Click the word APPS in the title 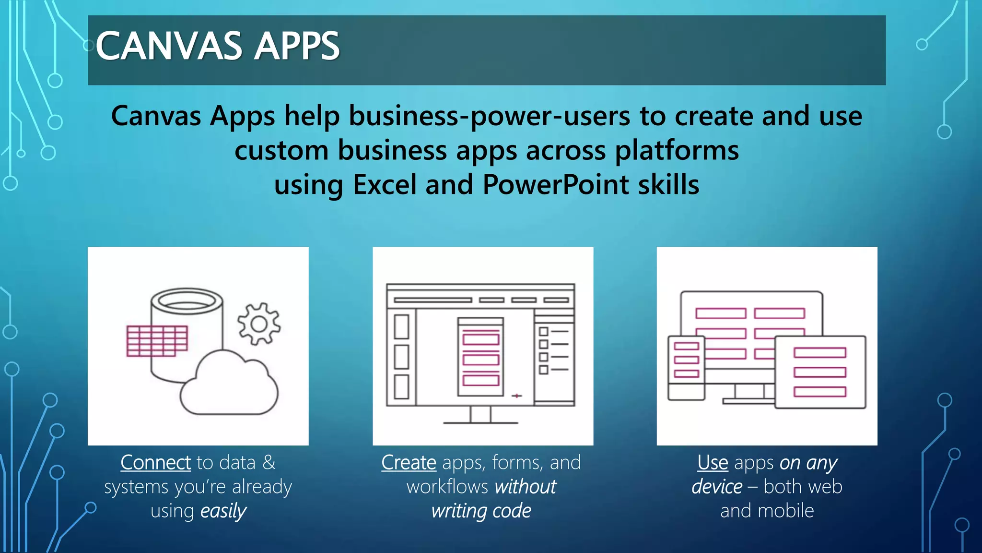coord(297,46)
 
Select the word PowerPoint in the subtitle coord(556,185)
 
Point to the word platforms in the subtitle coord(677,151)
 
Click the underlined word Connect coord(156,463)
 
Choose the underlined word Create coord(409,463)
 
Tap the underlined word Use coord(713,463)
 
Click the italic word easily coord(223,511)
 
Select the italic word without coord(525,487)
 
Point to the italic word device coord(716,487)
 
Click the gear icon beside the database coord(259,324)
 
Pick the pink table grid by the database coord(157,341)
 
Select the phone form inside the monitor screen coord(480,357)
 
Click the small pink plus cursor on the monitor coord(516,396)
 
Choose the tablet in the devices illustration coord(820,373)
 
